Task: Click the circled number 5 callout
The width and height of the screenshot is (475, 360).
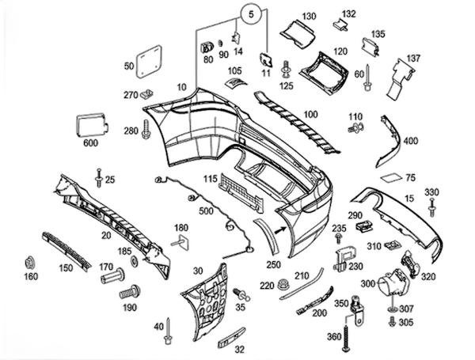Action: [x=251, y=13]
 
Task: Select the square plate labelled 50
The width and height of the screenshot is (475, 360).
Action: [x=150, y=63]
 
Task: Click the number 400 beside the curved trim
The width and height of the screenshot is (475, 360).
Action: [x=410, y=142]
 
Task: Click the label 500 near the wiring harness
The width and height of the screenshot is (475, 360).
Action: [x=207, y=212]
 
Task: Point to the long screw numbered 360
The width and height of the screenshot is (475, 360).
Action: [x=346, y=324]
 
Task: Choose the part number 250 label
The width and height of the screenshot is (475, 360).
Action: [x=274, y=264]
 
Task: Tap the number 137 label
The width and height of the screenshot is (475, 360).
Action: [x=413, y=59]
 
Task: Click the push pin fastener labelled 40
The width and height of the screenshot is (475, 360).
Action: [x=169, y=337]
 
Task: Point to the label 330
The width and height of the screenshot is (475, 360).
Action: [x=431, y=192]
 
